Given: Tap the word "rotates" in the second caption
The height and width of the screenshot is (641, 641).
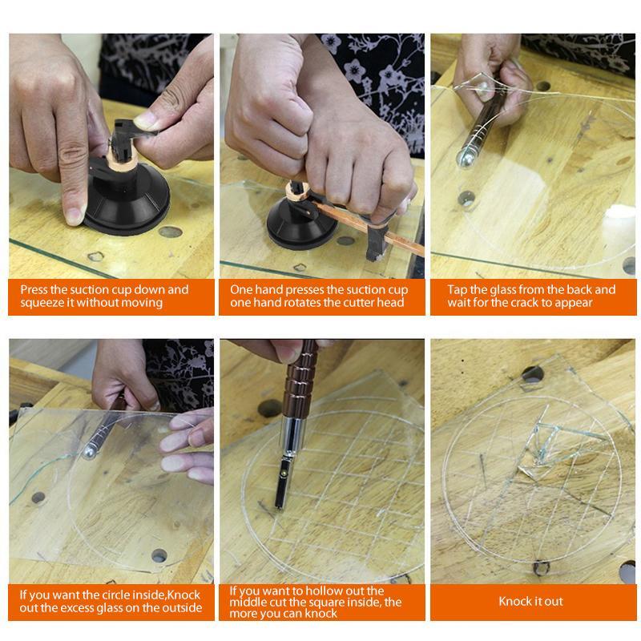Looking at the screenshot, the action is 314,303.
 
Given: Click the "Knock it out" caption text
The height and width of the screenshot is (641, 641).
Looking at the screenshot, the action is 530,602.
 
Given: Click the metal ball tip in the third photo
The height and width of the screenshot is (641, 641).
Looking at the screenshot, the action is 465,159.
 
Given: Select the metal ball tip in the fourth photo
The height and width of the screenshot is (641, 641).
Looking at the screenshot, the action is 90,453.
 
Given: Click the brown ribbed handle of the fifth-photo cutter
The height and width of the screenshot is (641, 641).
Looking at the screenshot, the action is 300,380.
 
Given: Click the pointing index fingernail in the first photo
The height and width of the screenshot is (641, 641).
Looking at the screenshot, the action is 75,216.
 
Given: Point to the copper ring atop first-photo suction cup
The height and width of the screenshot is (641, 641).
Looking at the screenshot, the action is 122,163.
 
